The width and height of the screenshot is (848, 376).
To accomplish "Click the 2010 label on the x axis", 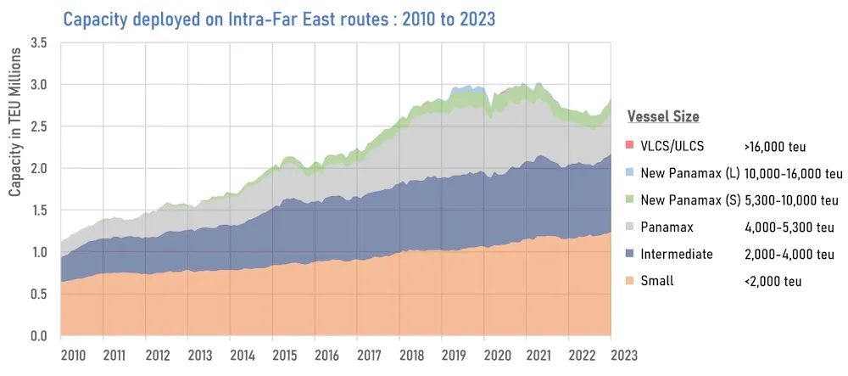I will point(73,355).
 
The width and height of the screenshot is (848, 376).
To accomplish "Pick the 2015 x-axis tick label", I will point(284,355).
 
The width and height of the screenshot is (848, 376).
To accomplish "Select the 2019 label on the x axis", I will point(454,355).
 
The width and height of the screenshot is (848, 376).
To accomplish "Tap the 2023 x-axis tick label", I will point(622,355).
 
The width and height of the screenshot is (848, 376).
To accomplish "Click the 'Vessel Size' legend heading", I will point(663,116).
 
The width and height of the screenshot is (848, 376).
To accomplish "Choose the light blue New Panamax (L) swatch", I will point(632,174).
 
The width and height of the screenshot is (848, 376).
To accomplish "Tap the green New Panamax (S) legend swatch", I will point(632,200).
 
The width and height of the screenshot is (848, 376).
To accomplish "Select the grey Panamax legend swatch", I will point(632,227).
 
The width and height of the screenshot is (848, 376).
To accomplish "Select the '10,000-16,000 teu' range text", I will point(794,174).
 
